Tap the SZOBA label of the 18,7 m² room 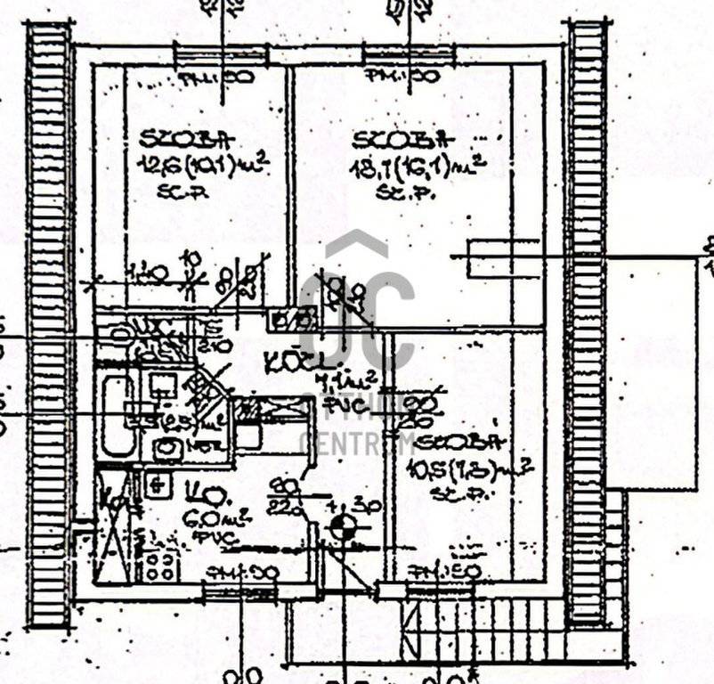point(398,141)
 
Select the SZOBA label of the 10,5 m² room point(460,442)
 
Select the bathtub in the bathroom point(116,414)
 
